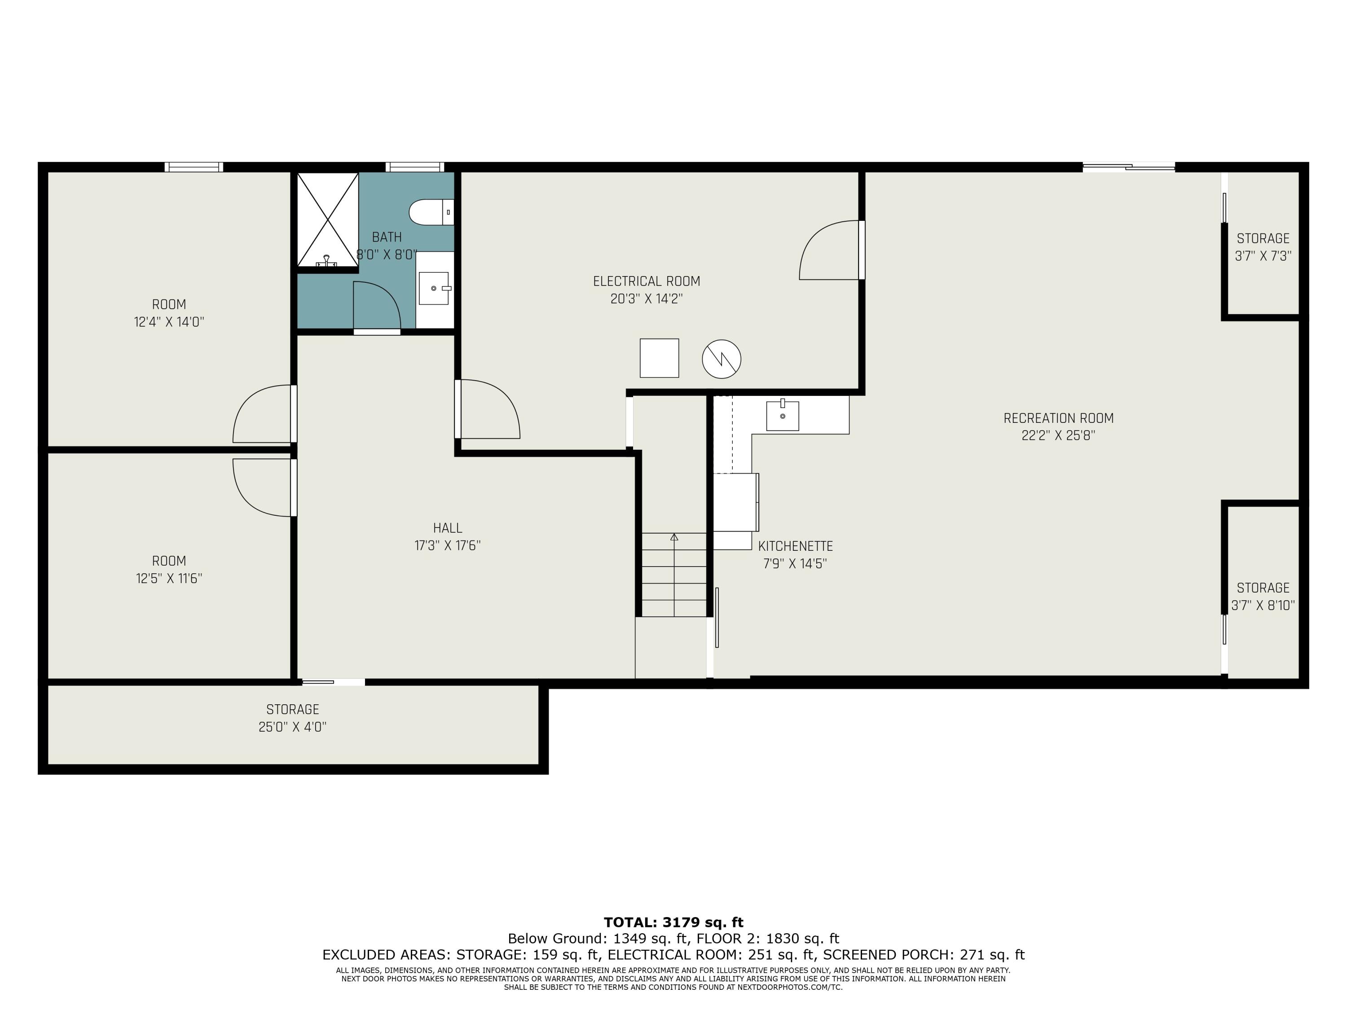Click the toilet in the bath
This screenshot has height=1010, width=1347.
click(431, 212)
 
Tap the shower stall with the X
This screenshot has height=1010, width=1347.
click(328, 220)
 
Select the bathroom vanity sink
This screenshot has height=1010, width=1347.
click(434, 288)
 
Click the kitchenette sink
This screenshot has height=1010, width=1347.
click(783, 415)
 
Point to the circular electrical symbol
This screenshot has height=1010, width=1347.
click(722, 359)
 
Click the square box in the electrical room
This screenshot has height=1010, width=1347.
click(659, 358)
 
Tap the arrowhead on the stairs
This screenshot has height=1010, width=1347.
click(674, 537)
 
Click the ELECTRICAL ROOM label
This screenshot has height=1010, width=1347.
click(647, 281)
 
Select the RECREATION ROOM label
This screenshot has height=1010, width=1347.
click(1058, 418)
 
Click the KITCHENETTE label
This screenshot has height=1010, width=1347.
click(795, 546)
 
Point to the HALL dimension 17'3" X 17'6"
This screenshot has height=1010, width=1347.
click(448, 545)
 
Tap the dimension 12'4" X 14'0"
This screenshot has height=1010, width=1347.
click(169, 322)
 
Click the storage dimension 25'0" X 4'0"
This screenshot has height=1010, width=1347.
click(293, 727)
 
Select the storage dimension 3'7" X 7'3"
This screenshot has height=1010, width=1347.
click(1263, 256)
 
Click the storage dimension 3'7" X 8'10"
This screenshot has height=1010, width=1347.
click(1263, 606)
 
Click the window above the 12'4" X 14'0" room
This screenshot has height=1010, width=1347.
click(194, 167)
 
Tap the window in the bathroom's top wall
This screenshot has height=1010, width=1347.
click(415, 167)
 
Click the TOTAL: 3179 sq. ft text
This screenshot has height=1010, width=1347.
click(673, 922)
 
